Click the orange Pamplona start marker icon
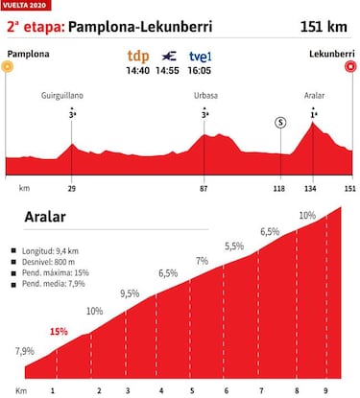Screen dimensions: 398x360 [8, 66]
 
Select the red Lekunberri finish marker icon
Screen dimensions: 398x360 [351, 66]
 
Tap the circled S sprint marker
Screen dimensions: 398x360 [280, 122]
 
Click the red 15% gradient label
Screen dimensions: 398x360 [60, 331]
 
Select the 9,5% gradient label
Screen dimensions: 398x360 [131, 293]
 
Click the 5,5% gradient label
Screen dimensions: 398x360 [234, 246]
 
